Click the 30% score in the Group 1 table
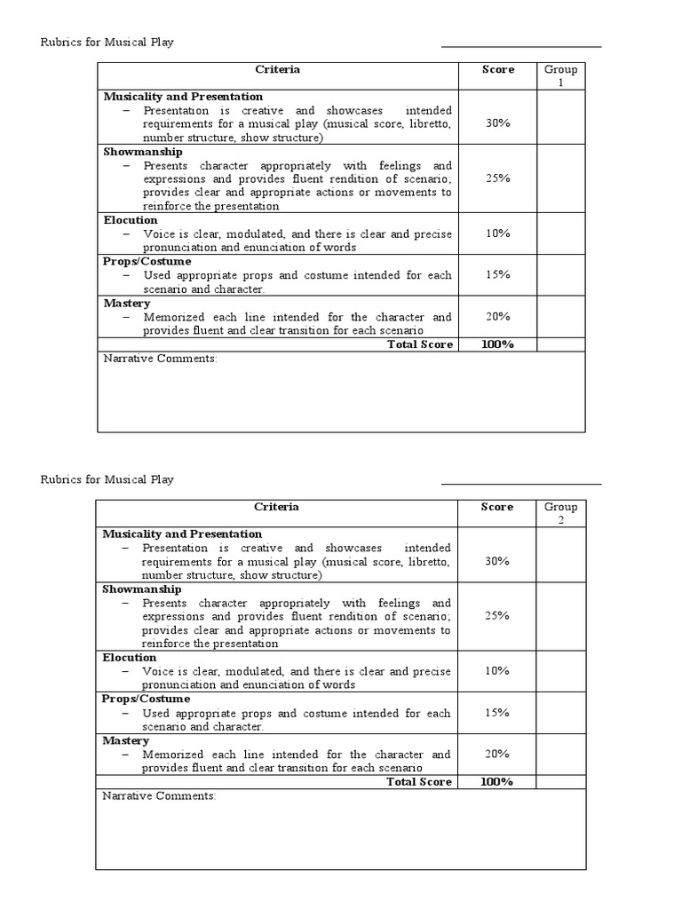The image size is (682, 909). (497, 123)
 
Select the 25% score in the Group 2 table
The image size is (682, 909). (497, 615)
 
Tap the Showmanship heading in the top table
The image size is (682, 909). (143, 152)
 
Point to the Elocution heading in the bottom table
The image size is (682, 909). (130, 658)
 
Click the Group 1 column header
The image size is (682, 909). (560, 75)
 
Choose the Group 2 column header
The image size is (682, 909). (560, 513)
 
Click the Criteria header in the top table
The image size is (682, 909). (277, 69)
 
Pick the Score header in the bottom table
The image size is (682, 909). (497, 507)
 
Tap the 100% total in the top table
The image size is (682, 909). (497, 344)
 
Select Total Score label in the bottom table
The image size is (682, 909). (419, 782)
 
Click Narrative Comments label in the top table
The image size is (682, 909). (160, 359)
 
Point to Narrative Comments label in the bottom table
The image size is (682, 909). (160, 796)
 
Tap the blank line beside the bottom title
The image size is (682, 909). (521, 484)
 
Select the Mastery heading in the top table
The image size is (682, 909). (127, 304)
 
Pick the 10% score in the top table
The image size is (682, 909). (497, 233)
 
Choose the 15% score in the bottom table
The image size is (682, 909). (497, 713)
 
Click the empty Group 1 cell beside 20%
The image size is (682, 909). (560, 317)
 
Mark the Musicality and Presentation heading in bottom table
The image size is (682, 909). (182, 534)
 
